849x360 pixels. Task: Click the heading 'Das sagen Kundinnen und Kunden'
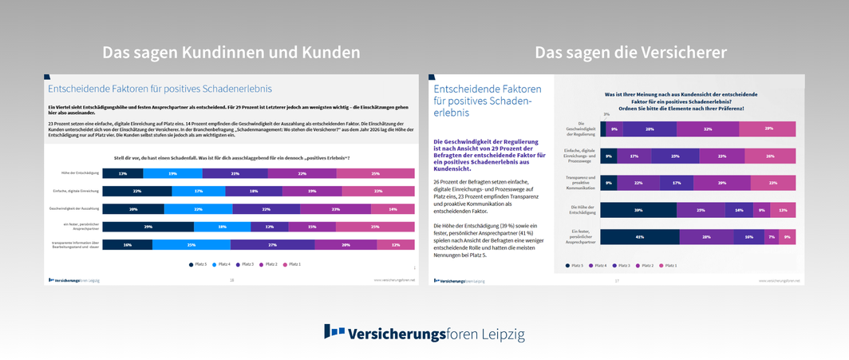pyautogui.click(x=231, y=52)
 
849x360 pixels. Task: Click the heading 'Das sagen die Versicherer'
pyautogui.click(x=630, y=52)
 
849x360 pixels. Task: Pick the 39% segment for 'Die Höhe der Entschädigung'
pyautogui.click(x=638, y=210)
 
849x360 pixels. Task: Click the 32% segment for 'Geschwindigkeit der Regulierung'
pyautogui.click(x=708, y=129)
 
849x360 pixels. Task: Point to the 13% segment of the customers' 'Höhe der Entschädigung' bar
pyautogui.click(x=122, y=173)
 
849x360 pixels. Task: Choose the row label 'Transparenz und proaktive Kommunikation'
pyautogui.click(x=580, y=183)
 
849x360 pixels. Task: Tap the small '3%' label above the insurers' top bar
pyautogui.click(x=606, y=115)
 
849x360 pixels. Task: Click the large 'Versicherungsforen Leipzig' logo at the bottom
pyautogui.click(x=424, y=333)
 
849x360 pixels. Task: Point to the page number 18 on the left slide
pyautogui.click(x=231, y=280)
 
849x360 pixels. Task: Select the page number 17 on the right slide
pyautogui.click(x=616, y=281)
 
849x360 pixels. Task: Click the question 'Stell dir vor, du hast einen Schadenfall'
pyautogui.click(x=232, y=158)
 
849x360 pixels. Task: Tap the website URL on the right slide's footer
pyautogui.click(x=778, y=281)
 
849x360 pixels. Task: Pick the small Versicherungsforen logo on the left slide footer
pyautogui.click(x=73, y=280)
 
